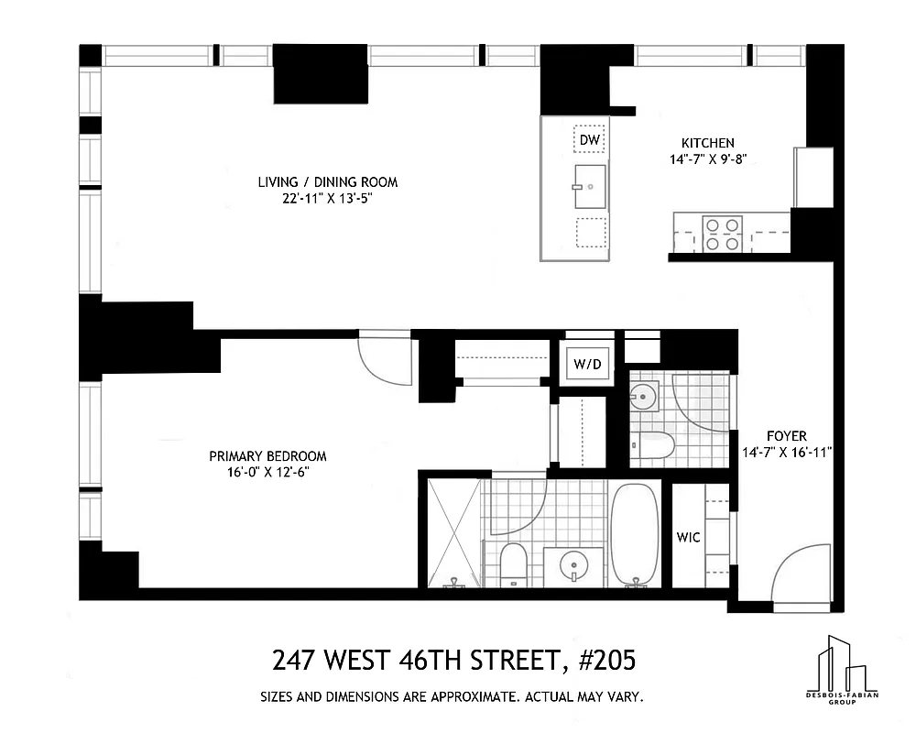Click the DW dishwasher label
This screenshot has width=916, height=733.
click(x=590, y=140)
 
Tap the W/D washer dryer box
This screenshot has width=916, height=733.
click(x=588, y=365)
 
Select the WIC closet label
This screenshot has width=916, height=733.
click(x=688, y=537)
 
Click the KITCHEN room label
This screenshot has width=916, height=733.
click(x=707, y=143)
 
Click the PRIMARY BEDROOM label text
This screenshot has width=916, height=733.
click(x=267, y=456)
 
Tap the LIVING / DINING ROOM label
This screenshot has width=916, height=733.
click(x=328, y=182)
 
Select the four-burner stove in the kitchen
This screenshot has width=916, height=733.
click(x=721, y=233)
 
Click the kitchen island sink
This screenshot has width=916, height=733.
click(x=590, y=187)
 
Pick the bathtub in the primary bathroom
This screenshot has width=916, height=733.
click(x=635, y=534)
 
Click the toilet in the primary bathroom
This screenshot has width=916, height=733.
click(x=513, y=563)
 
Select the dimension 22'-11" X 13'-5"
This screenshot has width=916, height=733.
click(x=328, y=199)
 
